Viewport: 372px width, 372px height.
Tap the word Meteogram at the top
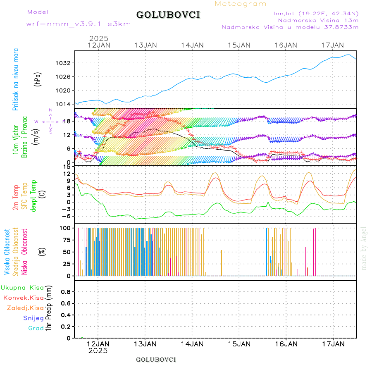pyautogui.click(x=241, y=4)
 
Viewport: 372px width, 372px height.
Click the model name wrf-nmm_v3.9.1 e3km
pyautogui.click(x=79, y=24)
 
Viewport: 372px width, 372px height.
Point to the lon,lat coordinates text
pyautogui.click(x=313, y=13)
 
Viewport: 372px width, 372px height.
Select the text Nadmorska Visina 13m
pyautogui.click(x=318, y=20)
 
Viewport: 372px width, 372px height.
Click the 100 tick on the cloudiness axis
pyautogui.click(x=66, y=228)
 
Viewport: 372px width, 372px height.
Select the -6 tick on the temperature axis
pyautogui.click(x=67, y=216)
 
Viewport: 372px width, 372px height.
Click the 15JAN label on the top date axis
pyautogui.click(x=239, y=45)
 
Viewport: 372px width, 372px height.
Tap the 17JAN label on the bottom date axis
pyautogui.click(x=333, y=344)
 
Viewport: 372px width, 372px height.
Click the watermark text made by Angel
pyautogui.click(x=364, y=248)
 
